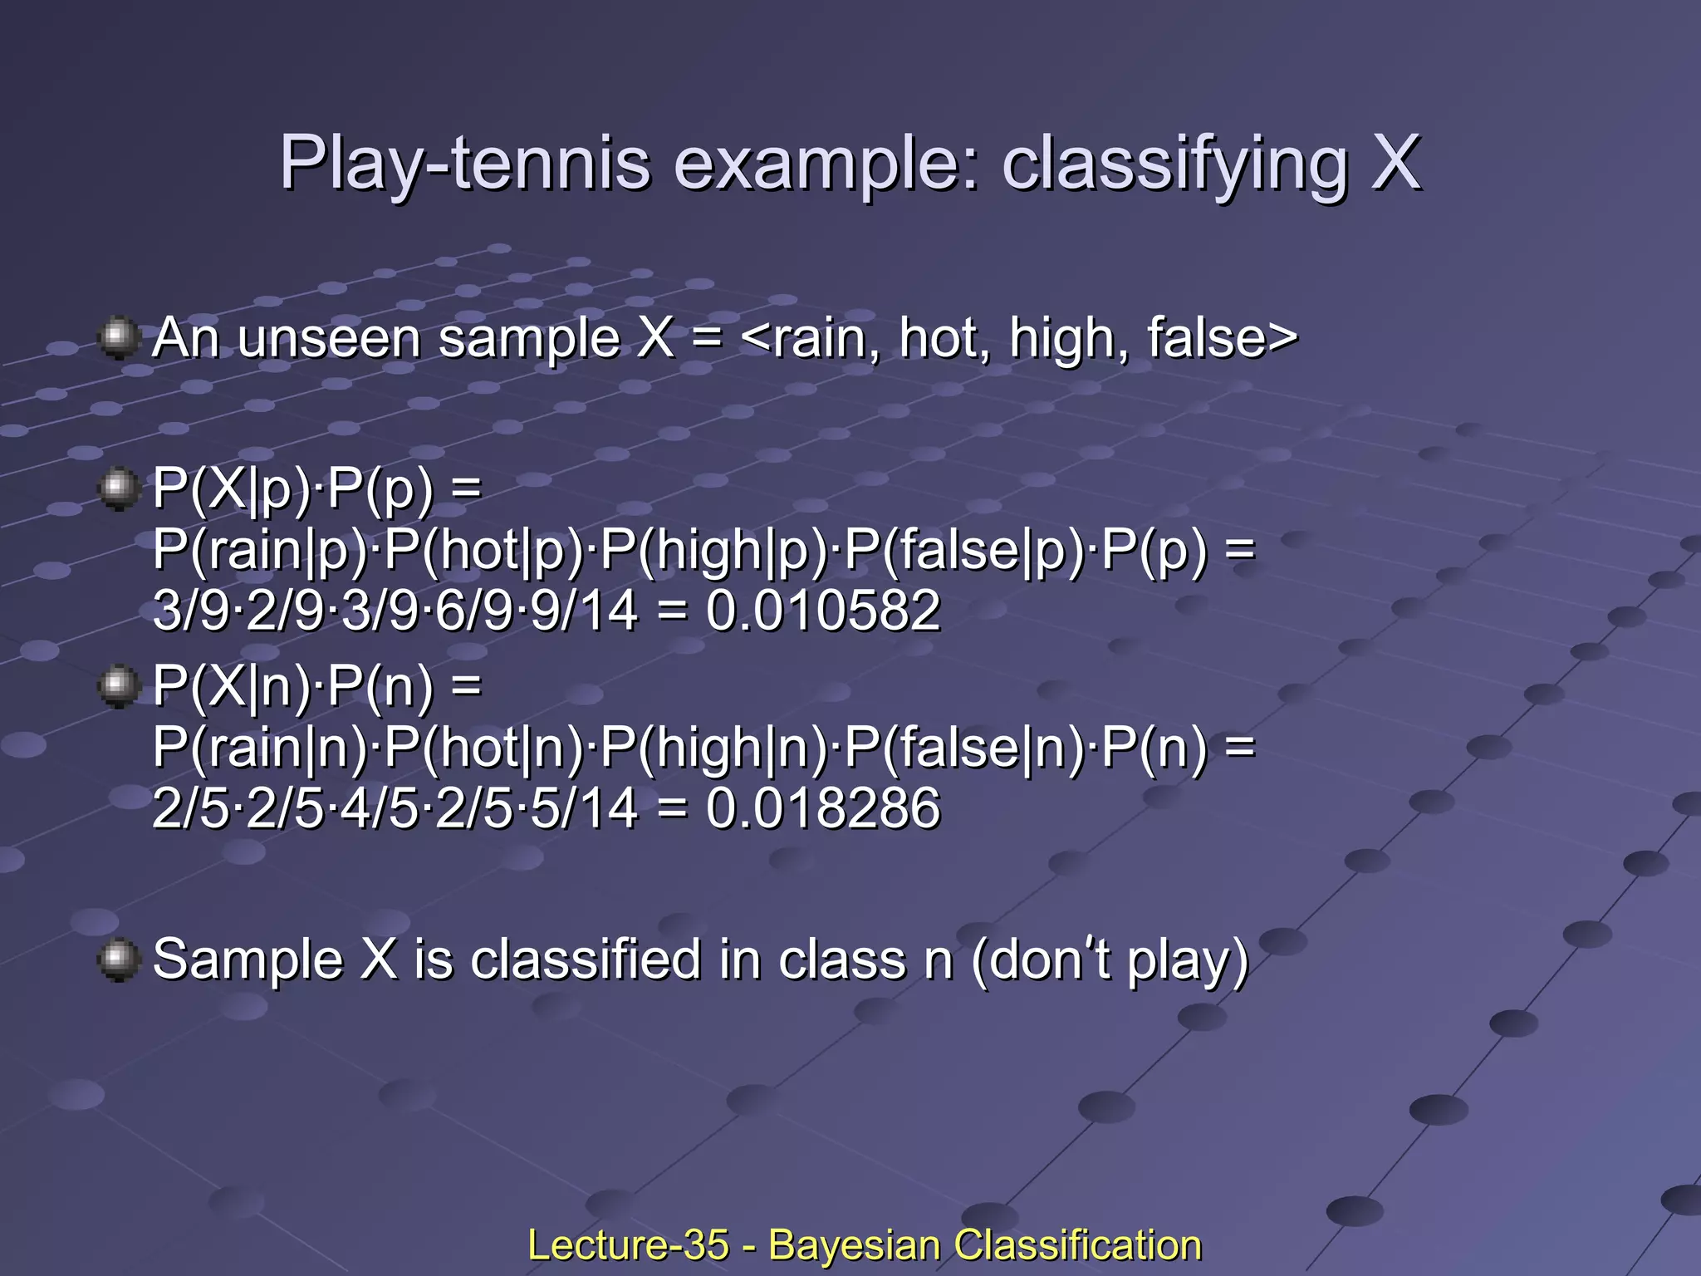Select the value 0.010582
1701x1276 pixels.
click(x=823, y=611)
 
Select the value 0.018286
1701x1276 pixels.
click(x=823, y=808)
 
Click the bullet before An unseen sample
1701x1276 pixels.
click(x=119, y=337)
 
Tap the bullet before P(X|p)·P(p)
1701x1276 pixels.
click(x=119, y=488)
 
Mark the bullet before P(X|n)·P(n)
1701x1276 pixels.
click(x=119, y=686)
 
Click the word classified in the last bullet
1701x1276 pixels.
click(x=586, y=959)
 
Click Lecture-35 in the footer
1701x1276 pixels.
click(x=628, y=1245)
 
